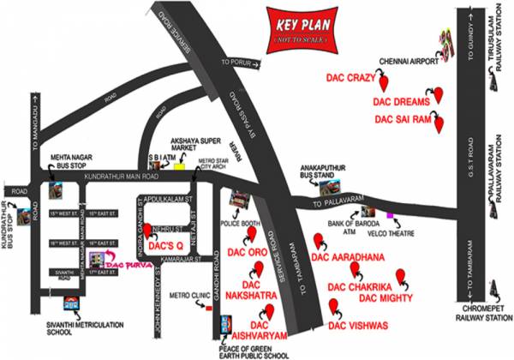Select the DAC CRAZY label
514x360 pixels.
pos(351,77)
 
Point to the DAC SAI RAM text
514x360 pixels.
pos(400,120)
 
